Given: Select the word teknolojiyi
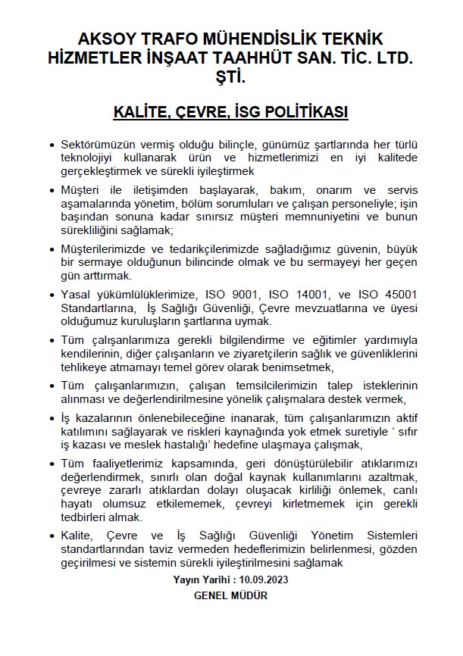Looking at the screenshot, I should (x=92, y=157).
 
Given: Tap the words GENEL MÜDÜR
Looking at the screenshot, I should (x=231, y=595).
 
